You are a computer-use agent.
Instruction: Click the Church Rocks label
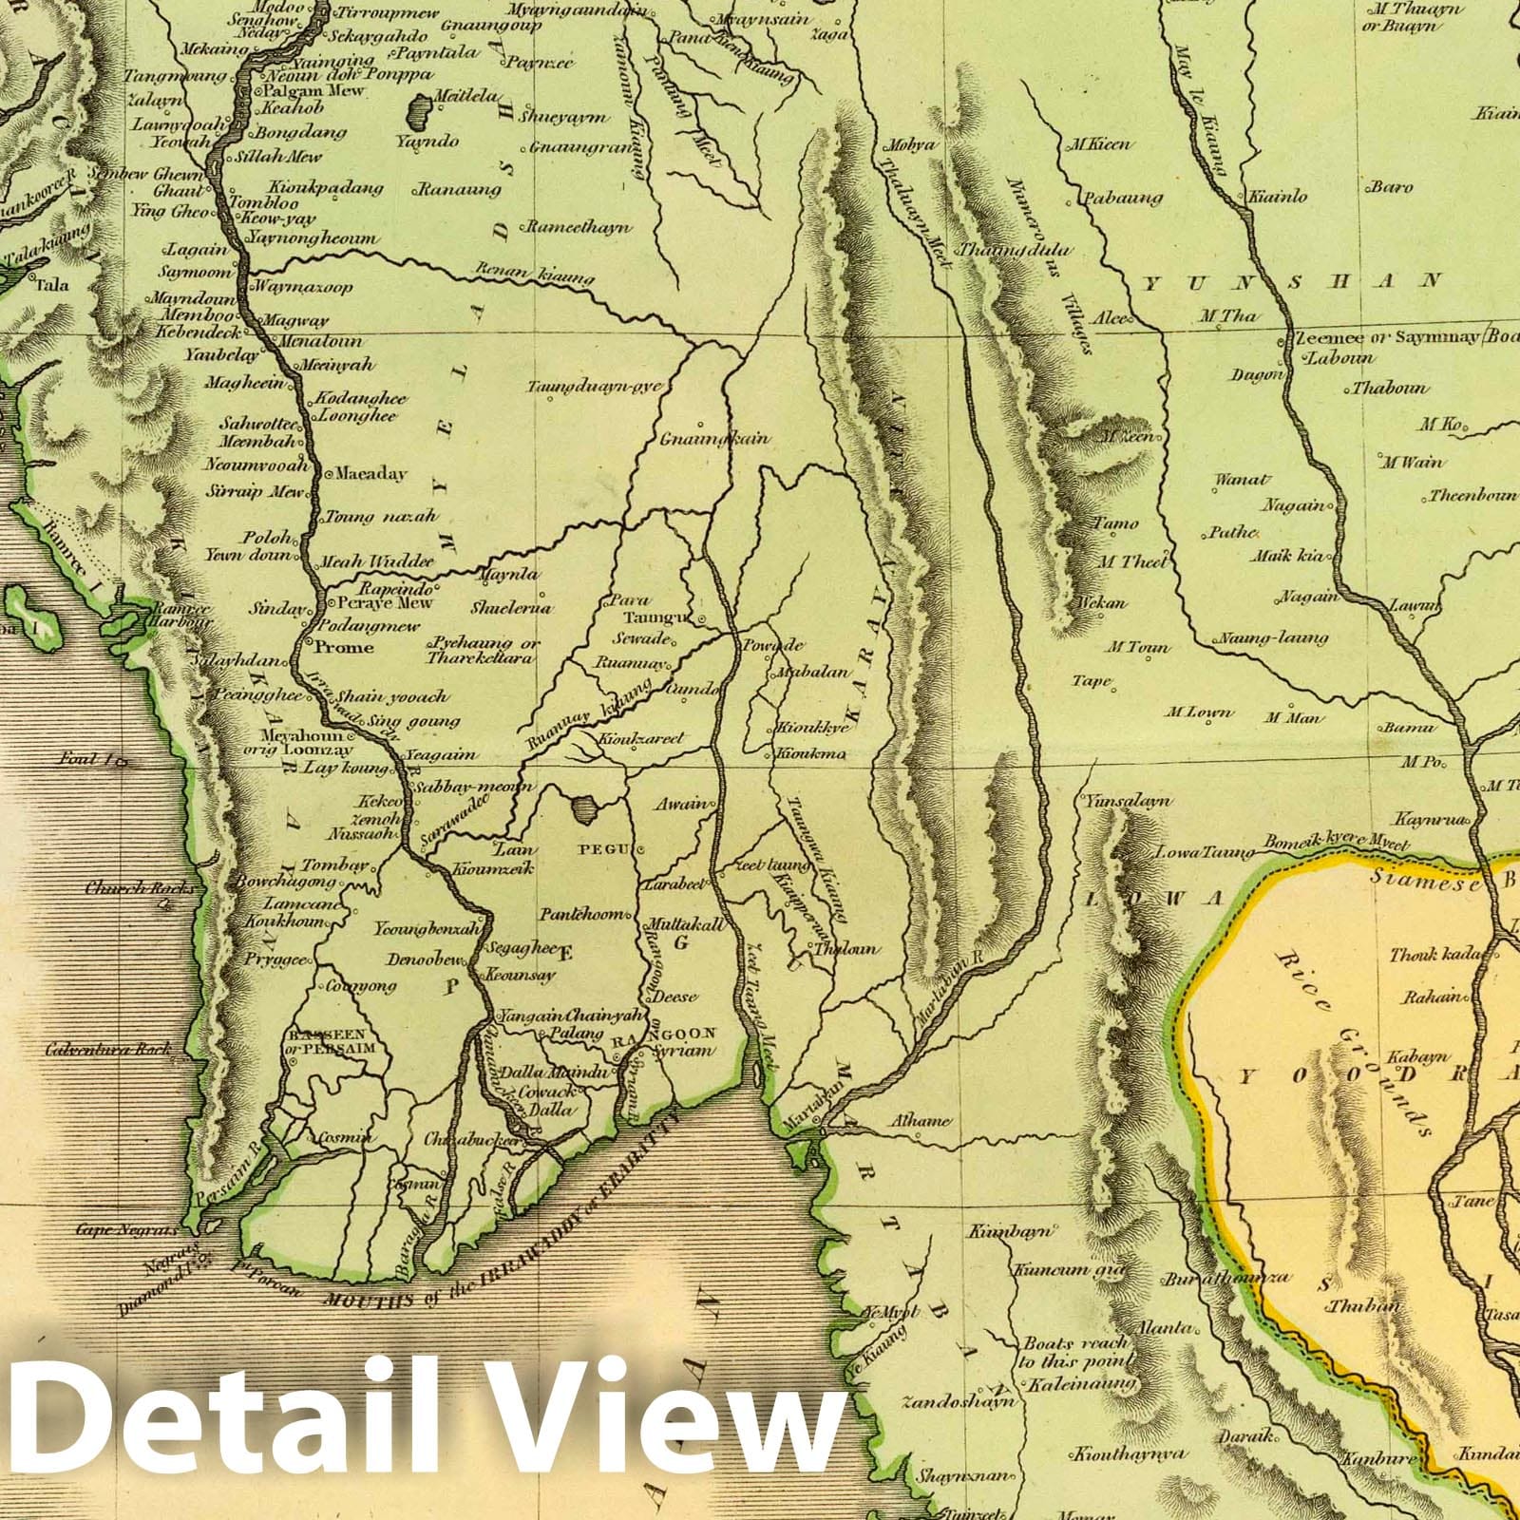127,889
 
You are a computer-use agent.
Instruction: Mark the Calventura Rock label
108,1049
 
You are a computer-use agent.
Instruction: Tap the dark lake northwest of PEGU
584,810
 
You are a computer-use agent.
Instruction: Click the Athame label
920,1121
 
